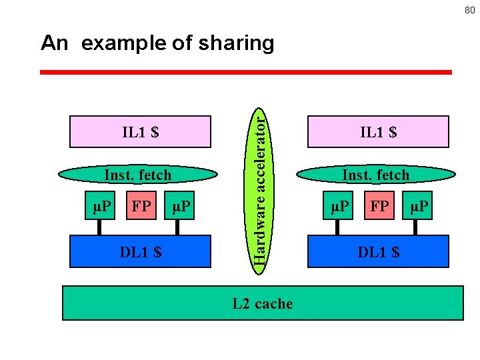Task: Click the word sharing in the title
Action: (x=237, y=43)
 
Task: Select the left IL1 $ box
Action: (x=141, y=131)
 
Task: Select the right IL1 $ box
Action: (x=378, y=131)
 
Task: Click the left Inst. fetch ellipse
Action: (x=138, y=175)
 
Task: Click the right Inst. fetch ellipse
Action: (x=375, y=175)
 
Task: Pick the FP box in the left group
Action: (x=141, y=206)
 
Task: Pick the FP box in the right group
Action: (x=379, y=206)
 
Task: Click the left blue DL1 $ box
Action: (x=141, y=251)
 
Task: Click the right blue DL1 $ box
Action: (x=378, y=251)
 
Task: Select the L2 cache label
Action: (x=263, y=304)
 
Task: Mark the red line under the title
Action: (x=246, y=72)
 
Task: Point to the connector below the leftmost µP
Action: (x=100, y=227)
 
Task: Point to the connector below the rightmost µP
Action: (x=415, y=227)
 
